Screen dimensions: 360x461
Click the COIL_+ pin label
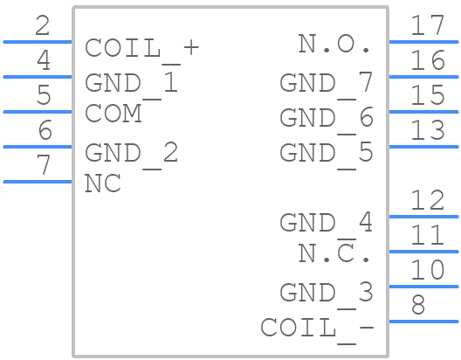pos(141,48)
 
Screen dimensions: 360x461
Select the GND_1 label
pos(131,83)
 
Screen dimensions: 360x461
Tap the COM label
pos(113,114)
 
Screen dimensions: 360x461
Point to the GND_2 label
pos(131,153)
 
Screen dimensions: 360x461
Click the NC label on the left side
pos(102,183)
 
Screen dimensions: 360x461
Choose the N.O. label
pos(334,44)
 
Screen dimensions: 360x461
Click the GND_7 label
pos(326,83)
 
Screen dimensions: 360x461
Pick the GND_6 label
pos(326,118)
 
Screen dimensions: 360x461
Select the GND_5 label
pos(326,153)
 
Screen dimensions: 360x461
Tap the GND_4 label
pos(326,223)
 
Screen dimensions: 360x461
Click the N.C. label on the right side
pos(334,253)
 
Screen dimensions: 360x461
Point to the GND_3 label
pos(326,292)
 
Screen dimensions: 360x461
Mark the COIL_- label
pos(317,328)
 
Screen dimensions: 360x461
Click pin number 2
pos(43,26)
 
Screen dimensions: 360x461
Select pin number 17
pos(428,25)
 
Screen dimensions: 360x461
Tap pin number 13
pos(428,131)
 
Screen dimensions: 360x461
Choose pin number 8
pos(418,306)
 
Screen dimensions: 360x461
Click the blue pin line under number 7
pos(38,182)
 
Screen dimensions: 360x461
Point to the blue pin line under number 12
pos(423,217)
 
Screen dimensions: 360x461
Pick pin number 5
pos(43,96)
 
